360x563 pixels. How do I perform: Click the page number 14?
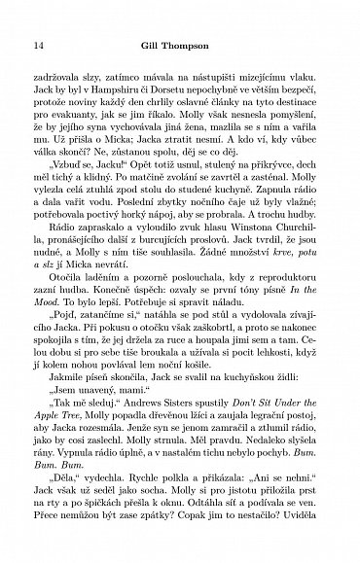tap(38, 45)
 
